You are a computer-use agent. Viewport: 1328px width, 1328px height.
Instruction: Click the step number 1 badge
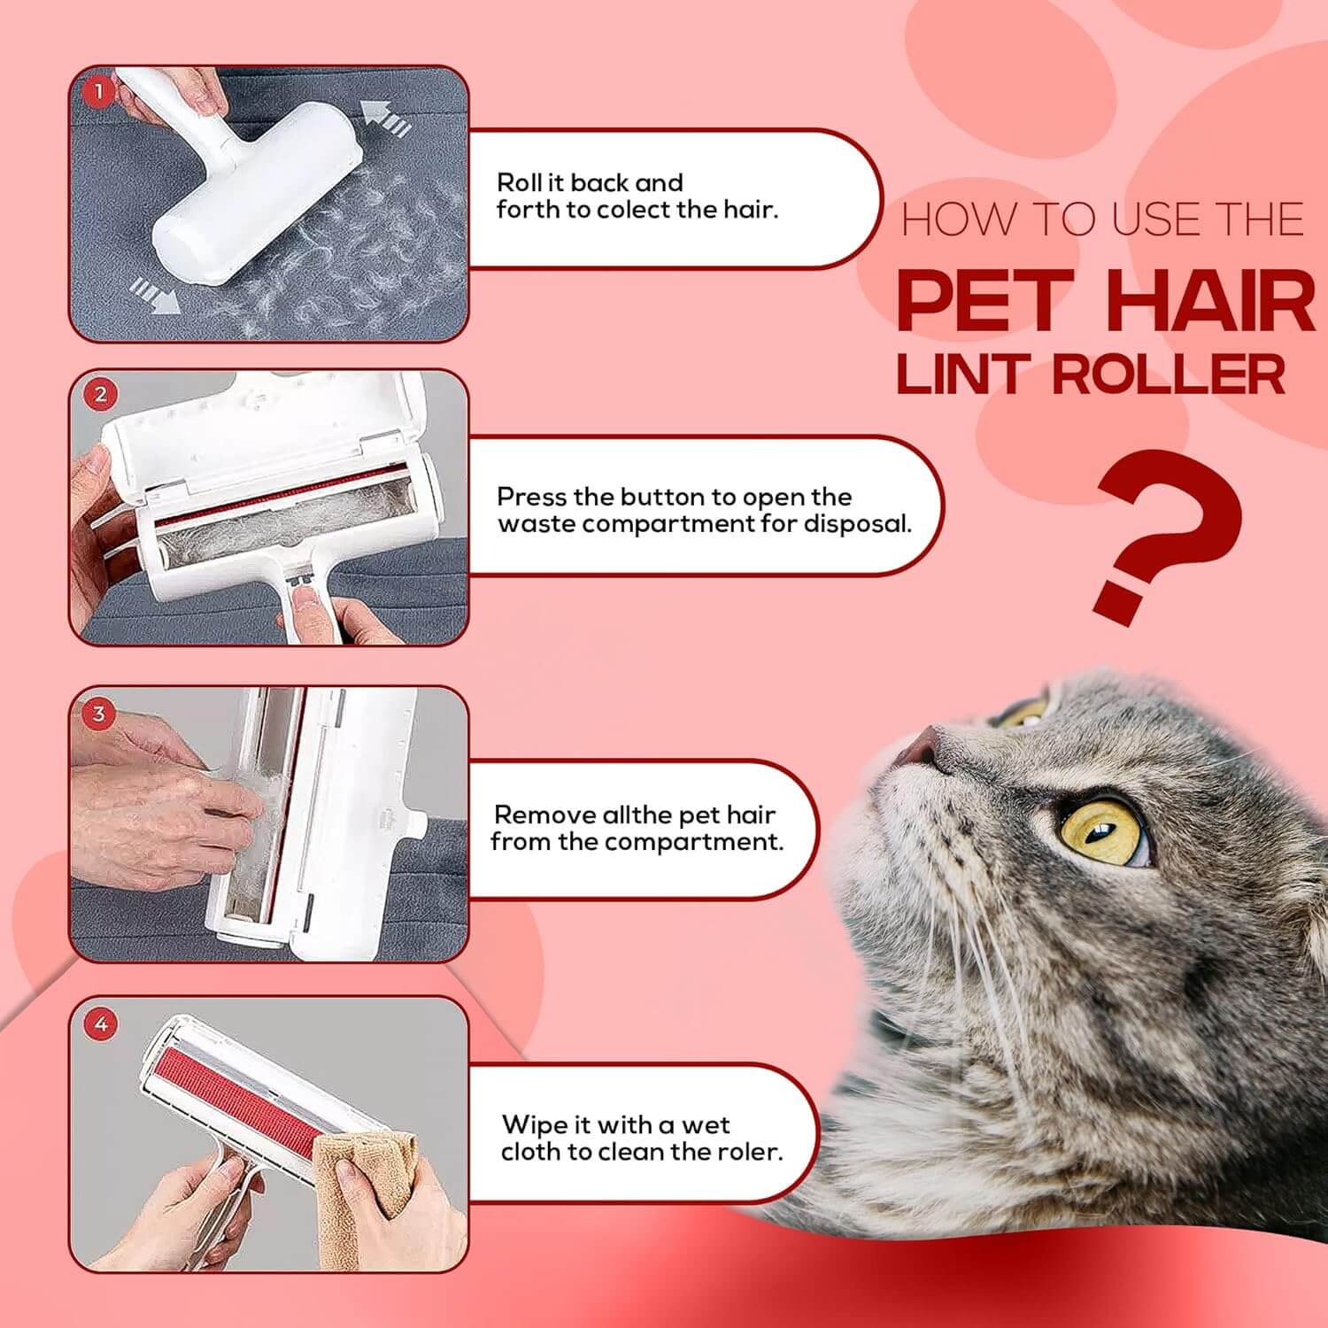pyautogui.click(x=99, y=91)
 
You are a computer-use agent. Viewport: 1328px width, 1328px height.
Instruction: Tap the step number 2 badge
pyautogui.click(x=100, y=395)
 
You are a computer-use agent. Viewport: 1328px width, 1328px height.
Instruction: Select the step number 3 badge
pyautogui.click(x=99, y=714)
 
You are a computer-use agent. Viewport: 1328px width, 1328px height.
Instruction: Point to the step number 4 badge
pyautogui.click(x=101, y=1024)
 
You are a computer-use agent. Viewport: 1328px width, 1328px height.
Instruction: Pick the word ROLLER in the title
pyautogui.click(x=1170, y=374)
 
